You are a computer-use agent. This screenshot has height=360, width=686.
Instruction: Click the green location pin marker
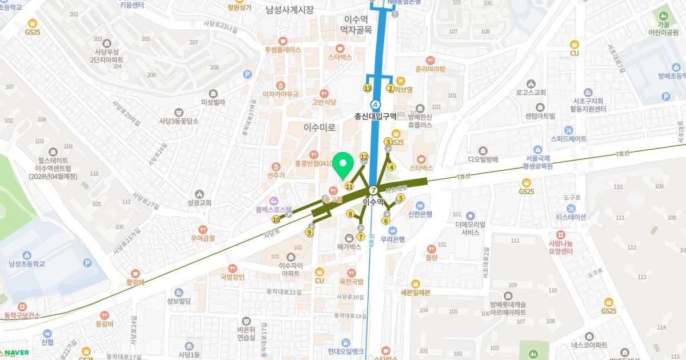344,166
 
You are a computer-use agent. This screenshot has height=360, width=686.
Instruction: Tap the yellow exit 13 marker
368,89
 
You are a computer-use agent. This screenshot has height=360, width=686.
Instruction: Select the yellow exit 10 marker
277,219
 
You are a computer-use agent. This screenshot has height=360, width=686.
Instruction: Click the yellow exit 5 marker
401,198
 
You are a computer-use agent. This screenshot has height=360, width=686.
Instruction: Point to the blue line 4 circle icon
376,104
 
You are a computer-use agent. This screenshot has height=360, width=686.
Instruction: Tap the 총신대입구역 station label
376,116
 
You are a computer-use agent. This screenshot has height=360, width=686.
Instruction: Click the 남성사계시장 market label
290,10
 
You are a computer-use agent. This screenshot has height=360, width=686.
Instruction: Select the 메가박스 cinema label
349,247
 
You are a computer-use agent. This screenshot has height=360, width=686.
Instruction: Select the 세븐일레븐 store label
416,293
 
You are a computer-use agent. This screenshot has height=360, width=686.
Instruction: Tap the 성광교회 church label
199,202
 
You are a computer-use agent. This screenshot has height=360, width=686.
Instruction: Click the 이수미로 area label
320,127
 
